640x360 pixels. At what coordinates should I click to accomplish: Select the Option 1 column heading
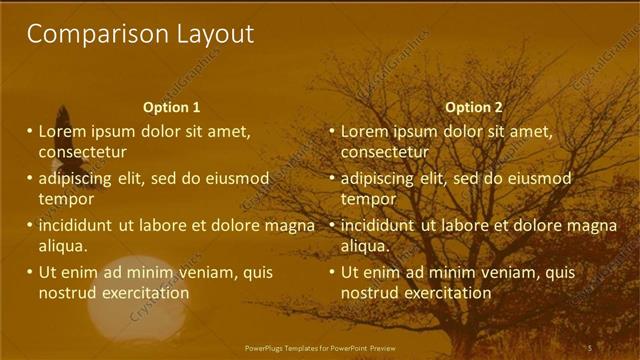172,107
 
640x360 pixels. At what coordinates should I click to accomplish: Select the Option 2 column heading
474,107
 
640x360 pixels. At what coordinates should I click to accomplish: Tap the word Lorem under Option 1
62,131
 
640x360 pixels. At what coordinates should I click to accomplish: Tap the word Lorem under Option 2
364,131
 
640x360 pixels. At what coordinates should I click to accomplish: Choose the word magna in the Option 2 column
590,225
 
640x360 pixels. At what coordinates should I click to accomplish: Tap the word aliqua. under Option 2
365,246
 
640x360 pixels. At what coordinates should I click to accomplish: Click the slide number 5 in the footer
590,347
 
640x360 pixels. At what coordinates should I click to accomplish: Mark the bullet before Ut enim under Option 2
332,272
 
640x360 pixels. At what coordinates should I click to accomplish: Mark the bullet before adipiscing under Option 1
30,178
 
